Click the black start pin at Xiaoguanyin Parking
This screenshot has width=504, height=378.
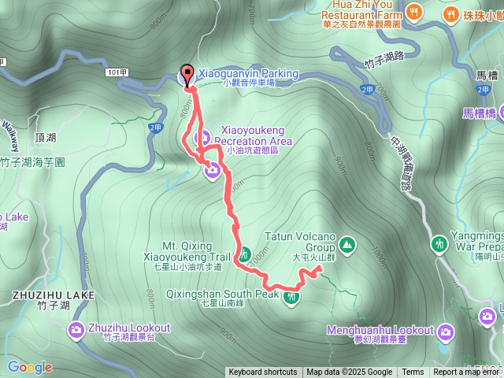point(187,76)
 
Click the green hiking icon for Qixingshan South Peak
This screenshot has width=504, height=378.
point(292,298)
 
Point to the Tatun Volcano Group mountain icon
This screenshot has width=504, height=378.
point(349,246)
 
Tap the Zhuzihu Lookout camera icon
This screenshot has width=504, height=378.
point(76,329)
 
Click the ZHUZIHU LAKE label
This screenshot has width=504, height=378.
point(54,295)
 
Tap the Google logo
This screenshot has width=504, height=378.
point(30,367)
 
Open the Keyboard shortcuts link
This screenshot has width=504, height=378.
point(262,372)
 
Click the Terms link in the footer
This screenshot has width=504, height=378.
point(413,372)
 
